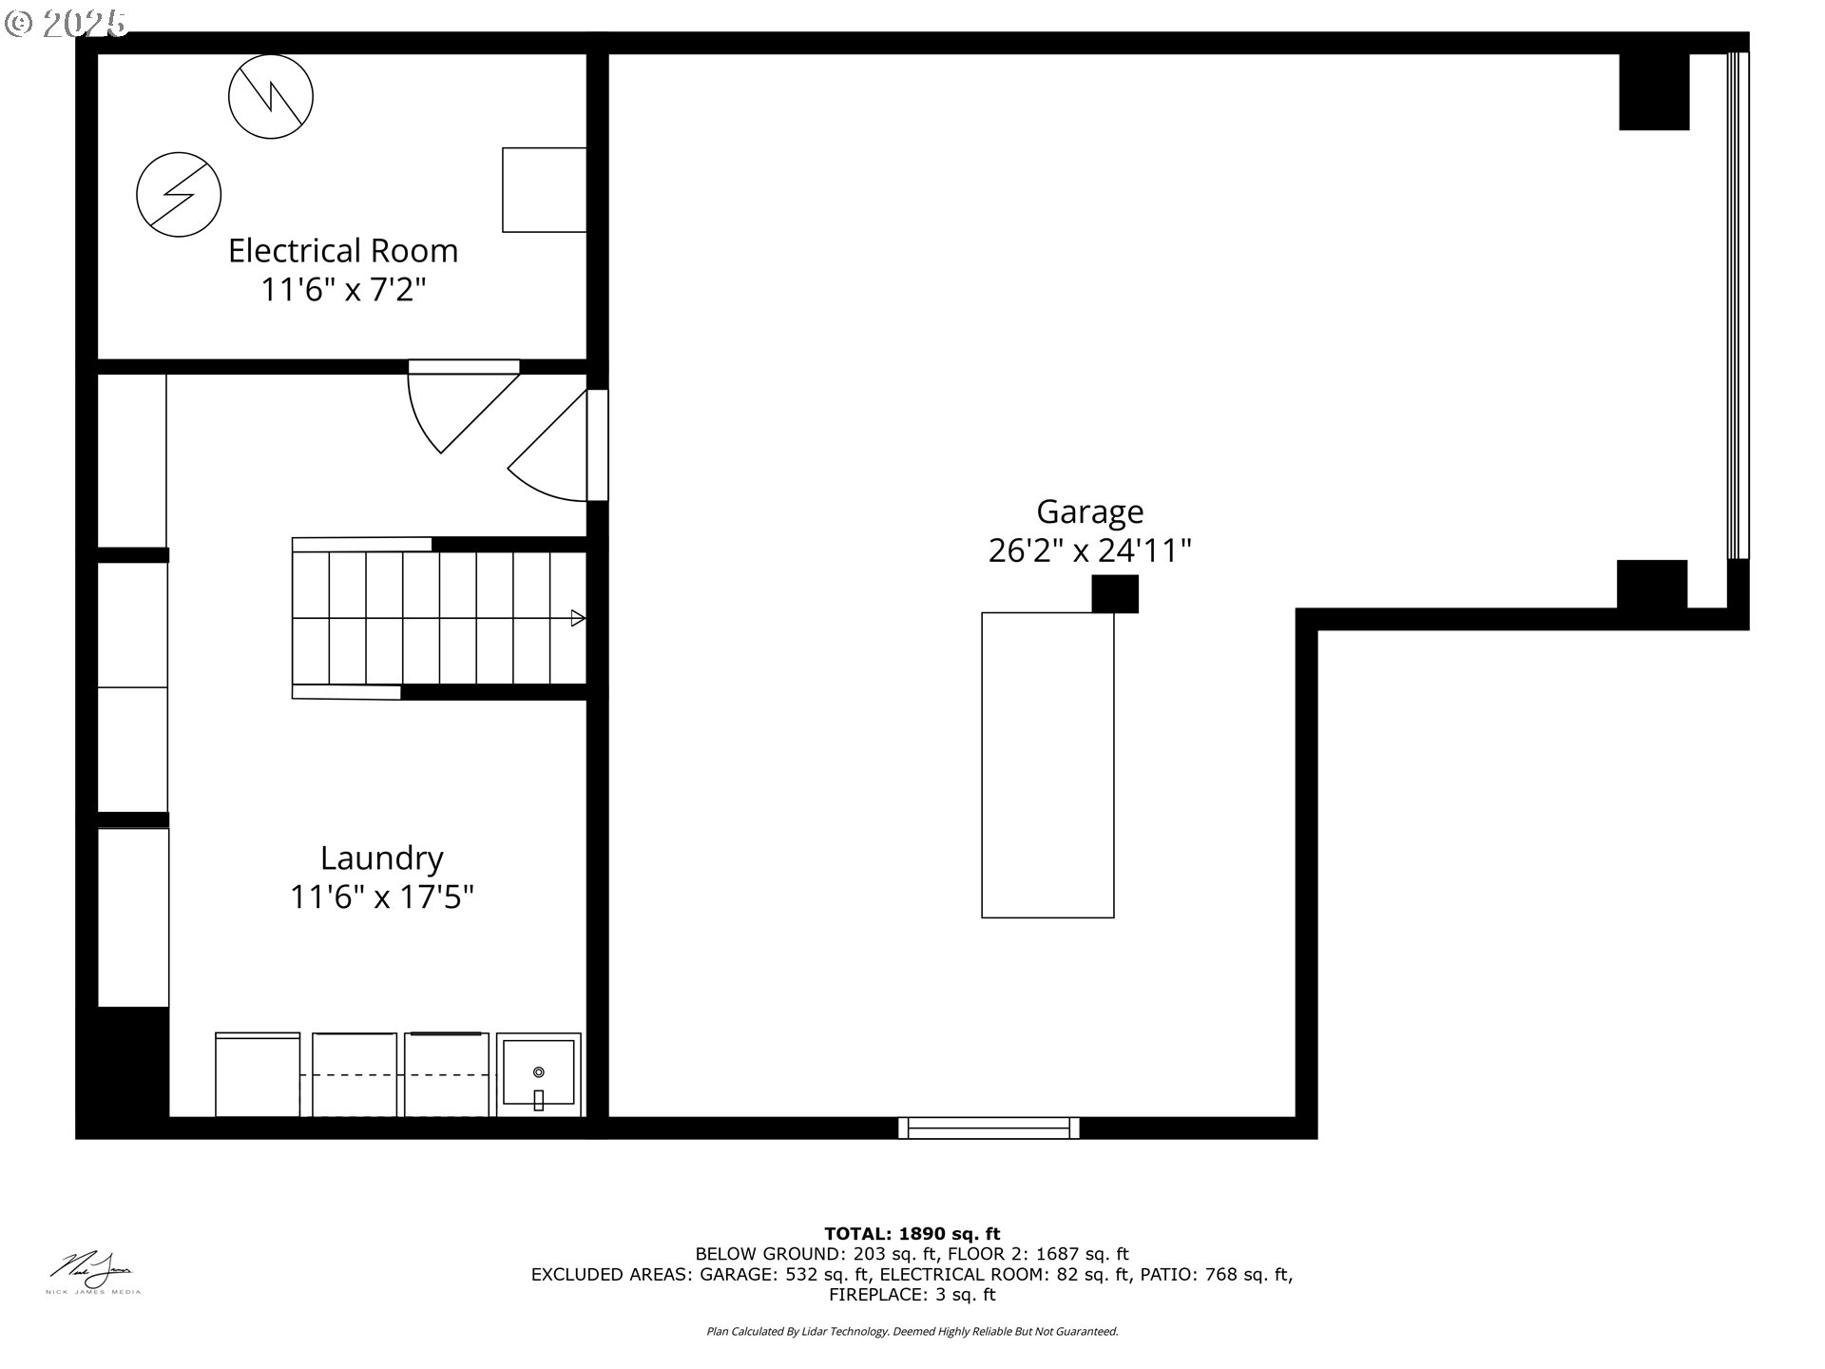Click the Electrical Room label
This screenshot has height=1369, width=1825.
(343, 251)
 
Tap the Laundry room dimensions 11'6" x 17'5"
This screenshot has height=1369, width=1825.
(381, 897)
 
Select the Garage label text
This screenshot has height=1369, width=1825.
(1089, 511)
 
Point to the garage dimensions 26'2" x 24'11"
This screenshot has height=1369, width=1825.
(1089, 550)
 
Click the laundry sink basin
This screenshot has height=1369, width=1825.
(539, 1073)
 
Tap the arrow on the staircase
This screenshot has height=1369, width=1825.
(577, 619)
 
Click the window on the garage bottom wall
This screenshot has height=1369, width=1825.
(989, 1128)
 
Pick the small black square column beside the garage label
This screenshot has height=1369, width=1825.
(1114, 594)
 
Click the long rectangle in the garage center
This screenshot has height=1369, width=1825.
(1047, 765)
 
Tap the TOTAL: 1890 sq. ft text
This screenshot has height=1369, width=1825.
(912, 1234)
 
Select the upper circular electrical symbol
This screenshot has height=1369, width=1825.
(271, 96)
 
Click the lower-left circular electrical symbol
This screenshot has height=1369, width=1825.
(179, 195)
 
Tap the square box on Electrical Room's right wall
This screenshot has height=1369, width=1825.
(544, 189)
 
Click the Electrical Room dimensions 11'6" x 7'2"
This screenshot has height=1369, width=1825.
(343, 289)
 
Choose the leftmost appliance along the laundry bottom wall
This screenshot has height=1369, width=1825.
(258, 1074)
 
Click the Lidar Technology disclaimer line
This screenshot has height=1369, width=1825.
(912, 1332)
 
